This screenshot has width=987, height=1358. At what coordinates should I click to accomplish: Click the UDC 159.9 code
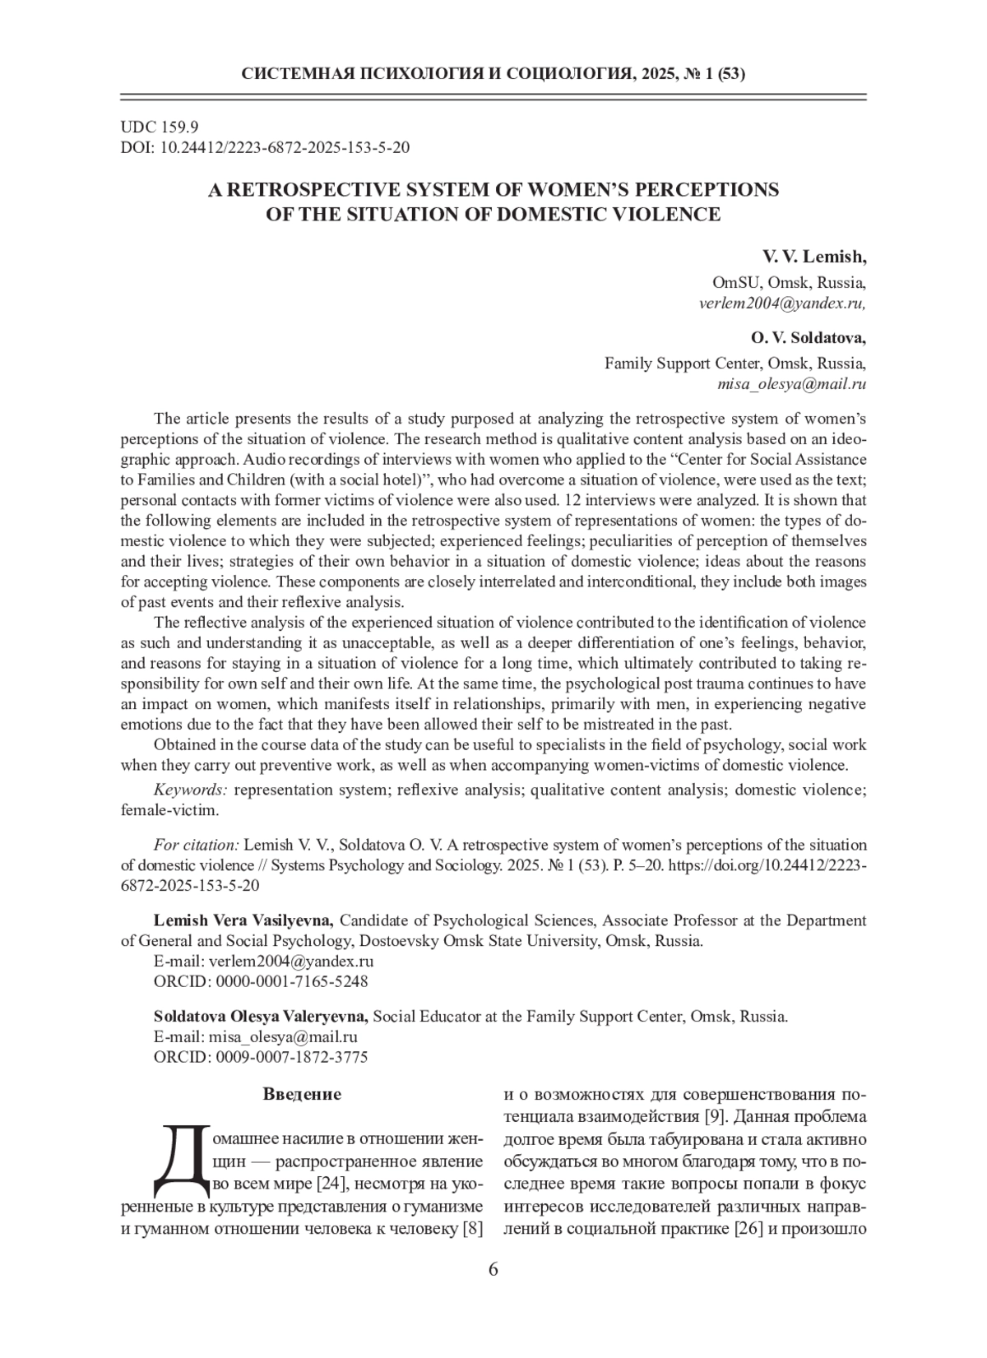point(160,127)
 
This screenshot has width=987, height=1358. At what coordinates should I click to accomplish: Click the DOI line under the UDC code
point(265,148)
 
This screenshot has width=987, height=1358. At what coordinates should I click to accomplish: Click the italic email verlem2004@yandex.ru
point(781,303)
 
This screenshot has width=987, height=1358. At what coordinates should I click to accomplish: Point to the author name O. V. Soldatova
point(808,338)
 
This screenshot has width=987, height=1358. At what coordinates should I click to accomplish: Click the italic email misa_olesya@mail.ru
point(792,384)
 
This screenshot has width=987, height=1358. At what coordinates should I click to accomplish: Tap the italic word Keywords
point(190,790)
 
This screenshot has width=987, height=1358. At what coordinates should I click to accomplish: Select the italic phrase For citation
point(197,845)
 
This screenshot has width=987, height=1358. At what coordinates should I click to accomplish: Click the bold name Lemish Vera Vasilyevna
point(243,920)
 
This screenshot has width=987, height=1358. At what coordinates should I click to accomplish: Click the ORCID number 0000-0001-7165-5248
point(292,981)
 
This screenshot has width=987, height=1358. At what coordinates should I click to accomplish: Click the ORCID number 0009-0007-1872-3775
point(292,1057)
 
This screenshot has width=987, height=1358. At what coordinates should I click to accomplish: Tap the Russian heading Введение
point(302,1095)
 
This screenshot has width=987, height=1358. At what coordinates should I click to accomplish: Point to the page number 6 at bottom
point(493,1269)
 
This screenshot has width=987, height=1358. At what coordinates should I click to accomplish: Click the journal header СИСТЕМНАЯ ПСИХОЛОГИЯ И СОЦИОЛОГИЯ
point(437,75)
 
